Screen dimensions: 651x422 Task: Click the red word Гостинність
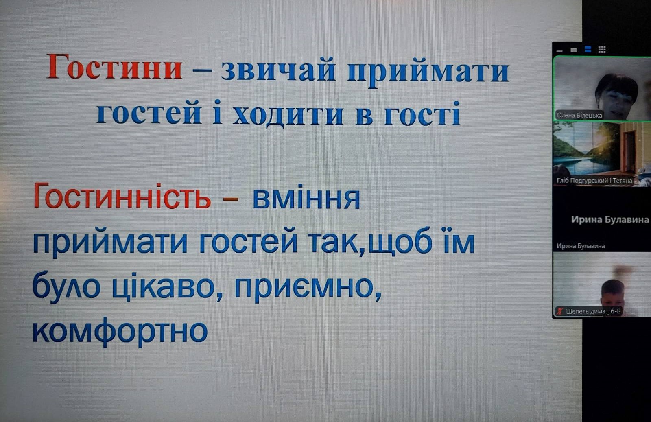122,196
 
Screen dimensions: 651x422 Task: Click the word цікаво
163,286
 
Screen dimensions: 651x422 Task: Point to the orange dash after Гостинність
231,199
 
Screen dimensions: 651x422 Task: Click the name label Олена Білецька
579,116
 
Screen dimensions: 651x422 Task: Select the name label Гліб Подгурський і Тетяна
594,181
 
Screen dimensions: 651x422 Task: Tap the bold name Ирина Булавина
610,219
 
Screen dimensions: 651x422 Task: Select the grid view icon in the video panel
602,50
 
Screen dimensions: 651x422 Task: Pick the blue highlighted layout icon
588,49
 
